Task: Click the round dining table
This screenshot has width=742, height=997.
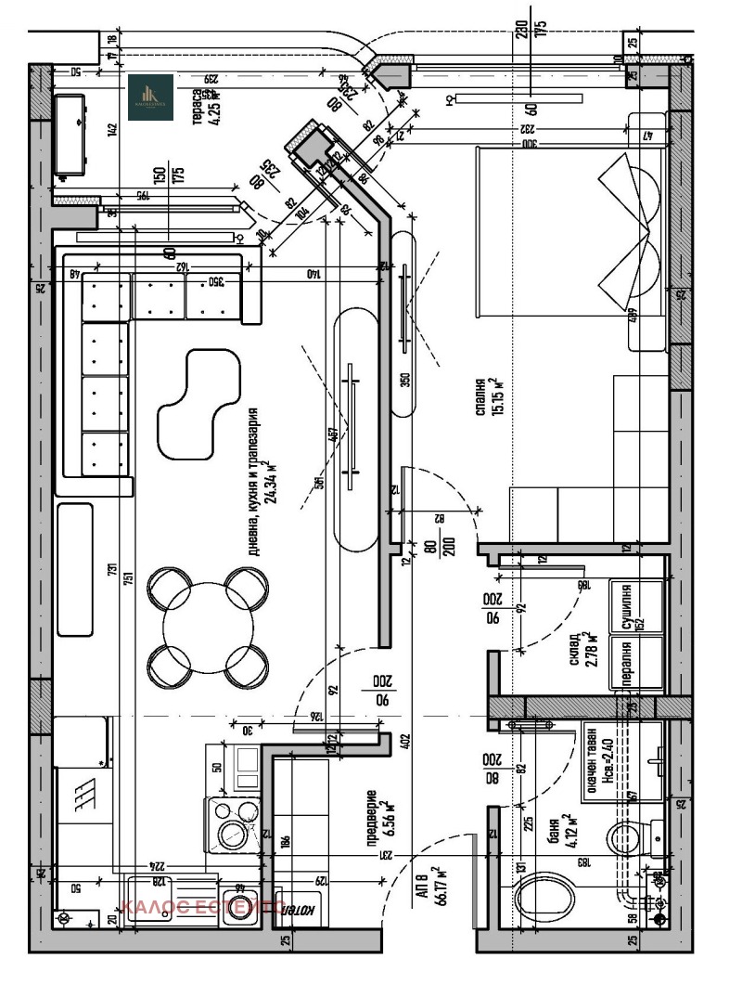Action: click(x=208, y=628)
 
